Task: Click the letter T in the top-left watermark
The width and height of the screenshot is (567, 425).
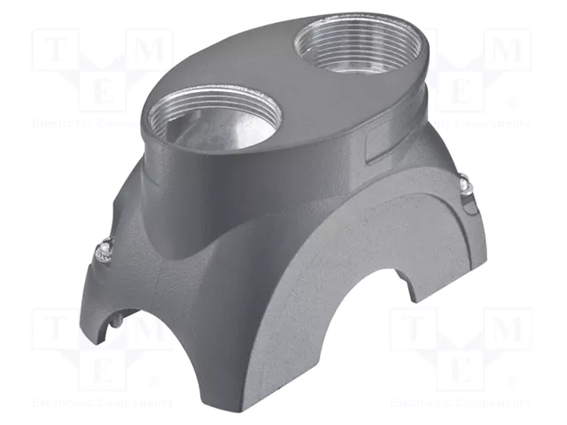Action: pos(54,50)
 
